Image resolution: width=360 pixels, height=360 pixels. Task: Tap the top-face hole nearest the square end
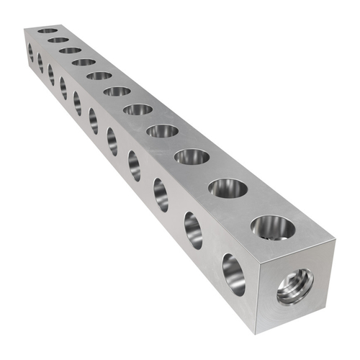click(x=273, y=228)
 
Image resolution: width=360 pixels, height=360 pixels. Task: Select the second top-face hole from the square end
click(x=228, y=189)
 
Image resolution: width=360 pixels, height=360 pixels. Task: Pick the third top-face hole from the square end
click(x=192, y=156)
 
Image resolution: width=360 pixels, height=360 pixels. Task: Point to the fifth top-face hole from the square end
click(x=138, y=109)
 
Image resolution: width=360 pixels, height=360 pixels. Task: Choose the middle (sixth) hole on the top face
click(x=117, y=91)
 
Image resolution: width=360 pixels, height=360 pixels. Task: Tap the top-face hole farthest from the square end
click(x=48, y=31)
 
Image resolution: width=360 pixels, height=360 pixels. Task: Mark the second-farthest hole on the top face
click(x=58, y=40)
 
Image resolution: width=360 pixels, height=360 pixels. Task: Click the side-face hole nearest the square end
click(x=233, y=274)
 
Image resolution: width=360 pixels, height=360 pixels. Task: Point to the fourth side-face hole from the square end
click(x=134, y=166)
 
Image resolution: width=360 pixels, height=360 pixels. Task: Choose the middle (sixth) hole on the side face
click(x=93, y=120)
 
